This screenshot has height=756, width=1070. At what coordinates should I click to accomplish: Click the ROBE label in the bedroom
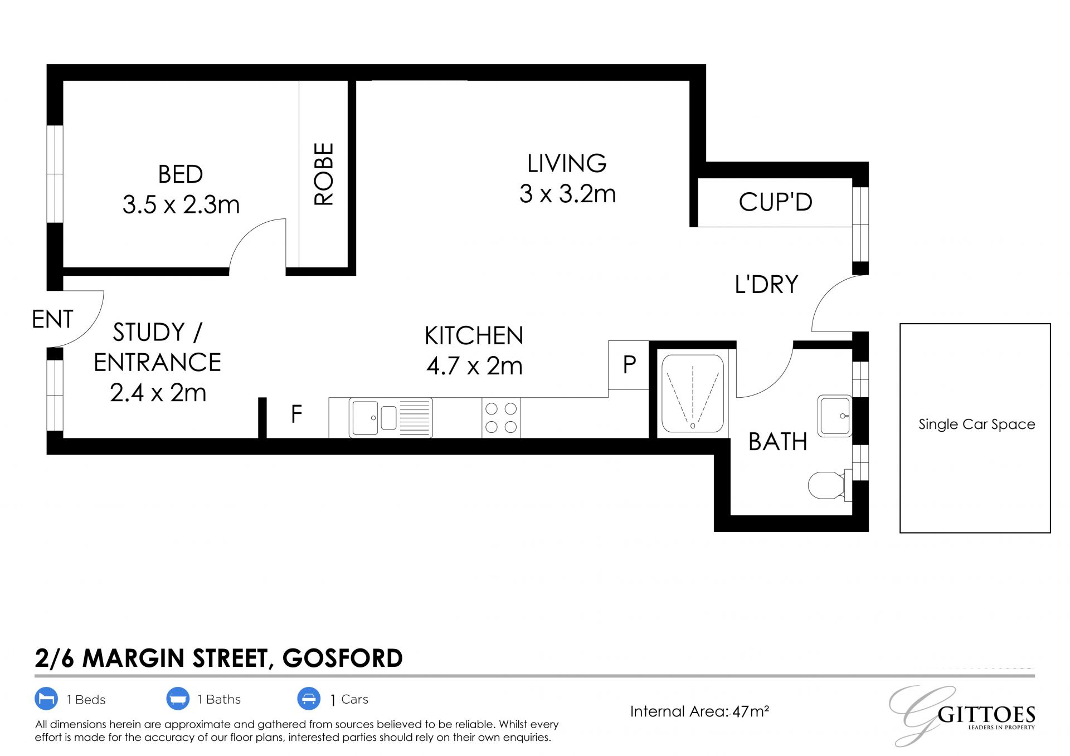coord(324,174)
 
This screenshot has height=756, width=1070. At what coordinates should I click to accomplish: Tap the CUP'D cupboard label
coord(775,202)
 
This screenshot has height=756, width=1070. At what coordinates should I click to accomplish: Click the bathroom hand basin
coord(835,416)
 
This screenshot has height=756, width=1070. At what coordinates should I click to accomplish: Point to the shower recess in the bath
coord(693,394)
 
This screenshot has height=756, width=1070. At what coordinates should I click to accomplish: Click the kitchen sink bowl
coord(365,417)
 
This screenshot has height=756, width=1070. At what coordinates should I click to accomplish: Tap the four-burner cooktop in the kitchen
coord(501,418)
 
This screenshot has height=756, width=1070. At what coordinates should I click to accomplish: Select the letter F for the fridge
coord(296,414)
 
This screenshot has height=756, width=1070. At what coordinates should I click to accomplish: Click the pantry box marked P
coord(629,365)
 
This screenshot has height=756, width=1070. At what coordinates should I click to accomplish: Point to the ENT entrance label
coord(52,319)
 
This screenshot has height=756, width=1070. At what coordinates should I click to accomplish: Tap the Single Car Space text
coord(976,425)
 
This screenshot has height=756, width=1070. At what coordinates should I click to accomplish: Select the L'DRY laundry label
coord(766,285)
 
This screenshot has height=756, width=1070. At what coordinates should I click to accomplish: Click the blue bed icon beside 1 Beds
coord(46,699)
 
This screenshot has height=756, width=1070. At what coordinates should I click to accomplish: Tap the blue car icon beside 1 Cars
coord(309,699)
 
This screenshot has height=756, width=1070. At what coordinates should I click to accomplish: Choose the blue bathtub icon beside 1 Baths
coord(178,699)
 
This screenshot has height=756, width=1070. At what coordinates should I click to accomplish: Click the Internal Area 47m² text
coord(699,711)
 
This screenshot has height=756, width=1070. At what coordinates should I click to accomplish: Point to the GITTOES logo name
coord(986,715)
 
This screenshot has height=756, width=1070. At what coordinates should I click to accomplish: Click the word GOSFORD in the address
coord(343,659)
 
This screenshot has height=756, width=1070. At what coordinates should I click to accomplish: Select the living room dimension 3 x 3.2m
coord(567,194)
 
